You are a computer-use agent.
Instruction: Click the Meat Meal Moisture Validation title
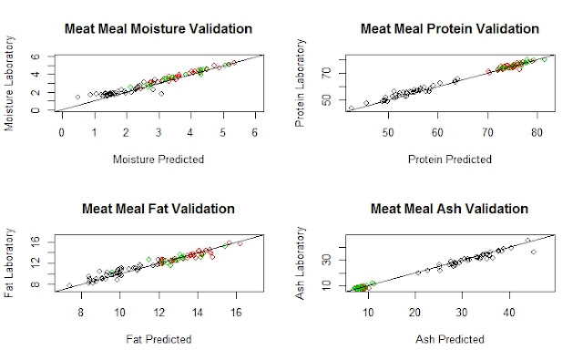pos(159,28)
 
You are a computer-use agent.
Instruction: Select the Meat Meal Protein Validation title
pos(450,28)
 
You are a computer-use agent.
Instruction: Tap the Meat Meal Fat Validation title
pos(159,209)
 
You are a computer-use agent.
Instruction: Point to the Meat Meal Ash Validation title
pos(449,209)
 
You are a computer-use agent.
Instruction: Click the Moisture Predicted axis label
pos(159,159)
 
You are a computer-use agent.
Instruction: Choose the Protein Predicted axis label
pos(450,159)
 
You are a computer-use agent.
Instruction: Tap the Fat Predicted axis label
pos(159,339)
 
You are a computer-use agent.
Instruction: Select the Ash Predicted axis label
pos(450,339)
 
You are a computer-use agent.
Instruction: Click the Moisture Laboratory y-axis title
pos(9,83)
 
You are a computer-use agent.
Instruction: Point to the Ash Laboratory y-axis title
pos(300,262)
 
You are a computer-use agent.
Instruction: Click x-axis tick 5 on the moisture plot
pos(222,132)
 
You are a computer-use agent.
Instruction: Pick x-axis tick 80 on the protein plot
pos(537,132)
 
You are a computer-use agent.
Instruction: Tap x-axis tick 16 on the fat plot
pos(236,313)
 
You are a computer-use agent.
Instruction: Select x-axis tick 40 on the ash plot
pos(509,313)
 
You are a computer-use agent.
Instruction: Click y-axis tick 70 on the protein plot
pos(326,73)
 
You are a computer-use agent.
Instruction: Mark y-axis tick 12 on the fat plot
pos(36,262)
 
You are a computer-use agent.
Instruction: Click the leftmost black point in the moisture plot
pos(77,98)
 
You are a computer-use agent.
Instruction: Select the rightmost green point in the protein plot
pos(545,59)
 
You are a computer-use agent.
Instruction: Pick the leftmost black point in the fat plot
pos(69,285)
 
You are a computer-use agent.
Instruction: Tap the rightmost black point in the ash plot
pos(534,252)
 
